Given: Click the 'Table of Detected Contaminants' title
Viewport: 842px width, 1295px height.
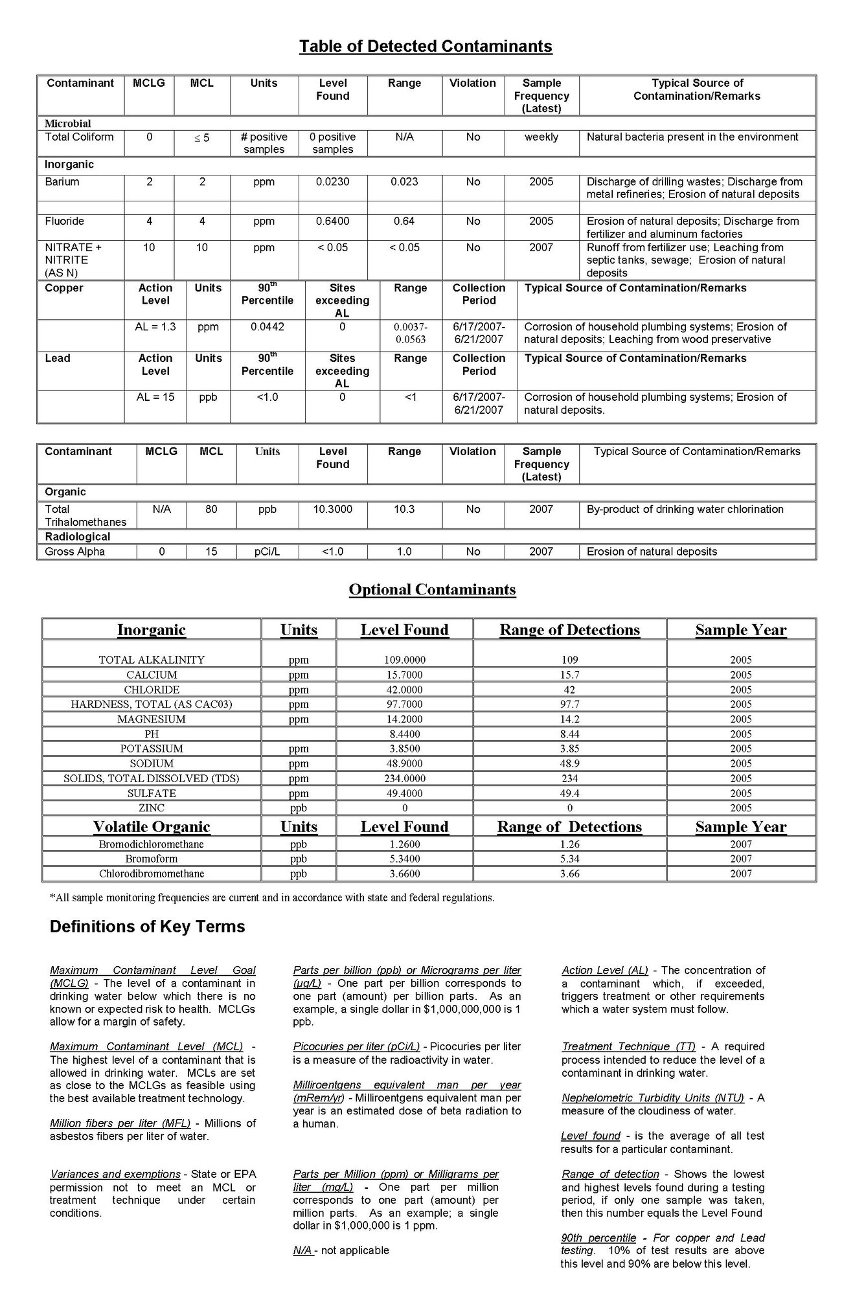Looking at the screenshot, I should tap(426, 47).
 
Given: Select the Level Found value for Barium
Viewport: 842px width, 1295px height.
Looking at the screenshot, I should tap(332, 182).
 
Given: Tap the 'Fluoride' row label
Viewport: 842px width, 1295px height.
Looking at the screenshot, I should tap(64, 221).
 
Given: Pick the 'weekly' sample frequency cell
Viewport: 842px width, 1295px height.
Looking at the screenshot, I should tap(541, 137).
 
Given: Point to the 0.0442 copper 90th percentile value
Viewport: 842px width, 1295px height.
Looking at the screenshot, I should tap(267, 327).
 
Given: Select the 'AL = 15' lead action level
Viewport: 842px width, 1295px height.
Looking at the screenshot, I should tap(155, 397).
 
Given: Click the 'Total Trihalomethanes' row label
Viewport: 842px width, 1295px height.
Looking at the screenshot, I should tap(85, 515).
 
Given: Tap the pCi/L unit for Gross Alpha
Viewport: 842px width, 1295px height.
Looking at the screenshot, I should tap(267, 552).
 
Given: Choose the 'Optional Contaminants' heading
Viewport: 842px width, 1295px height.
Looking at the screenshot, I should tap(432, 590).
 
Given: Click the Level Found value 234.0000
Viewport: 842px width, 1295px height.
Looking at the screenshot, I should tap(404, 779).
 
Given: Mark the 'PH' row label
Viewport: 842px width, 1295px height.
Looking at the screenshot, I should tap(152, 734).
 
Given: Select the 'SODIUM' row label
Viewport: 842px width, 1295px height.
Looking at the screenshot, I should tap(152, 764).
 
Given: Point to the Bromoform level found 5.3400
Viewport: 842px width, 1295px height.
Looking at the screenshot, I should tap(404, 859).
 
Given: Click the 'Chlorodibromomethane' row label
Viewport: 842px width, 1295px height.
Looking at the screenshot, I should tap(152, 874).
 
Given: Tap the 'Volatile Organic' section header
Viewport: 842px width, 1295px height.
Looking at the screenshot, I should tap(152, 828).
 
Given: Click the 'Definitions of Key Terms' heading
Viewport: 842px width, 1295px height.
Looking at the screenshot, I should tap(147, 927).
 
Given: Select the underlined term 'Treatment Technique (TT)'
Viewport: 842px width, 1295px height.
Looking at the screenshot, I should tap(628, 1046).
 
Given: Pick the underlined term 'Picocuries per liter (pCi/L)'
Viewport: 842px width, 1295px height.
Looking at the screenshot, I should tap(356, 1046).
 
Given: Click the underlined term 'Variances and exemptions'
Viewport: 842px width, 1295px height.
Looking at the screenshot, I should tap(115, 1174).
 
